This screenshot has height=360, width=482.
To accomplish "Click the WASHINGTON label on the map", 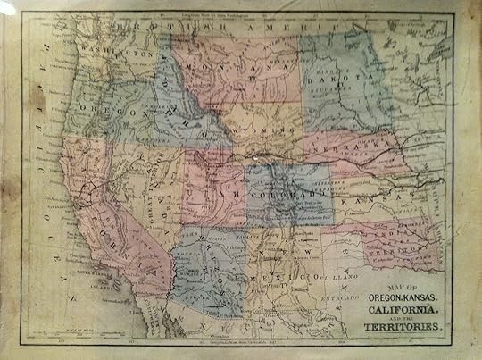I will [x=120, y=53].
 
